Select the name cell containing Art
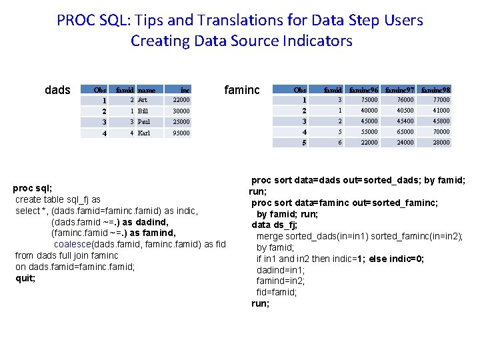(x=143, y=99)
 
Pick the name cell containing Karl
(x=144, y=133)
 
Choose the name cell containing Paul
(x=144, y=122)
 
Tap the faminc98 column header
(x=436, y=89)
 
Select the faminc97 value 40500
(x=404, y=111)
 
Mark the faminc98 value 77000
(x=441, y=100)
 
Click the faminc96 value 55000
(x=369, y=132)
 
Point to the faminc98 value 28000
(x=441, y=143)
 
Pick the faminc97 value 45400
(x=404, y=121)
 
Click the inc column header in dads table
(x=185, y=89)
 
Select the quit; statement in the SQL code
(x=25, y=278)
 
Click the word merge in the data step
(x=270, y=236)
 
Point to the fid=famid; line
(x=277, y=292)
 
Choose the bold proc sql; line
(x=33, y=188)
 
